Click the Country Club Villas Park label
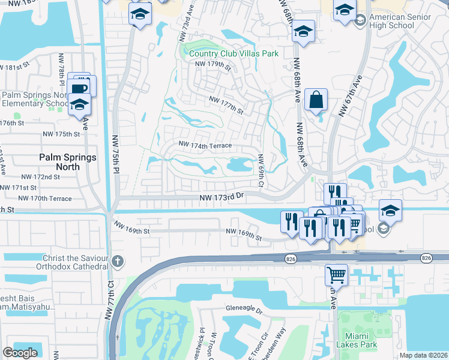(x=234, y=53)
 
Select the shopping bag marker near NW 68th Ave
(x=316, y=100)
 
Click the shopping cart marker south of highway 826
(x=337, y=274)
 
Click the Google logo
(x=20, y=353)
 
